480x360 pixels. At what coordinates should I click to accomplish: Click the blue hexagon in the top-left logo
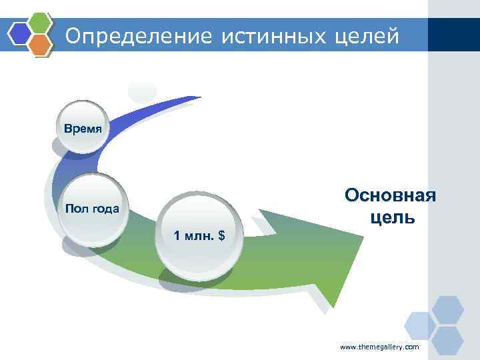point(19,31)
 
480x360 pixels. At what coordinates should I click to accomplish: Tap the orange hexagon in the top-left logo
point(41,44)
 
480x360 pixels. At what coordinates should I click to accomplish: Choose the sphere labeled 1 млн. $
point(199,235)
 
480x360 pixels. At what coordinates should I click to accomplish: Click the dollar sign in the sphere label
point(221,235)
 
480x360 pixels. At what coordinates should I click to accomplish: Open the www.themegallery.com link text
point(379,347)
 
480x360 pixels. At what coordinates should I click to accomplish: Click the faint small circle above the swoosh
point(142,90)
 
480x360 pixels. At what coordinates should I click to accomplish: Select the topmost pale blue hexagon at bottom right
point(447,309)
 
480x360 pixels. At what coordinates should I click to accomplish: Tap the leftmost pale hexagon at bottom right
point(421,325)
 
